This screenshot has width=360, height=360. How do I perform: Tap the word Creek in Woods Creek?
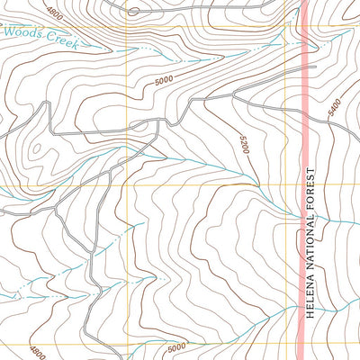point(63,42)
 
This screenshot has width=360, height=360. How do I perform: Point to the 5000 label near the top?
point(163,81)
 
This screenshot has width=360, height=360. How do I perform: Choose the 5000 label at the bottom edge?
point(176,346)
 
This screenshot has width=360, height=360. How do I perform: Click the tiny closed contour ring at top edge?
point(134,12)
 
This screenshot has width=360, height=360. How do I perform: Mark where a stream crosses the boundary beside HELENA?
point(303,307)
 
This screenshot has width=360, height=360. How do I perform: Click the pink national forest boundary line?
point(303,135)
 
